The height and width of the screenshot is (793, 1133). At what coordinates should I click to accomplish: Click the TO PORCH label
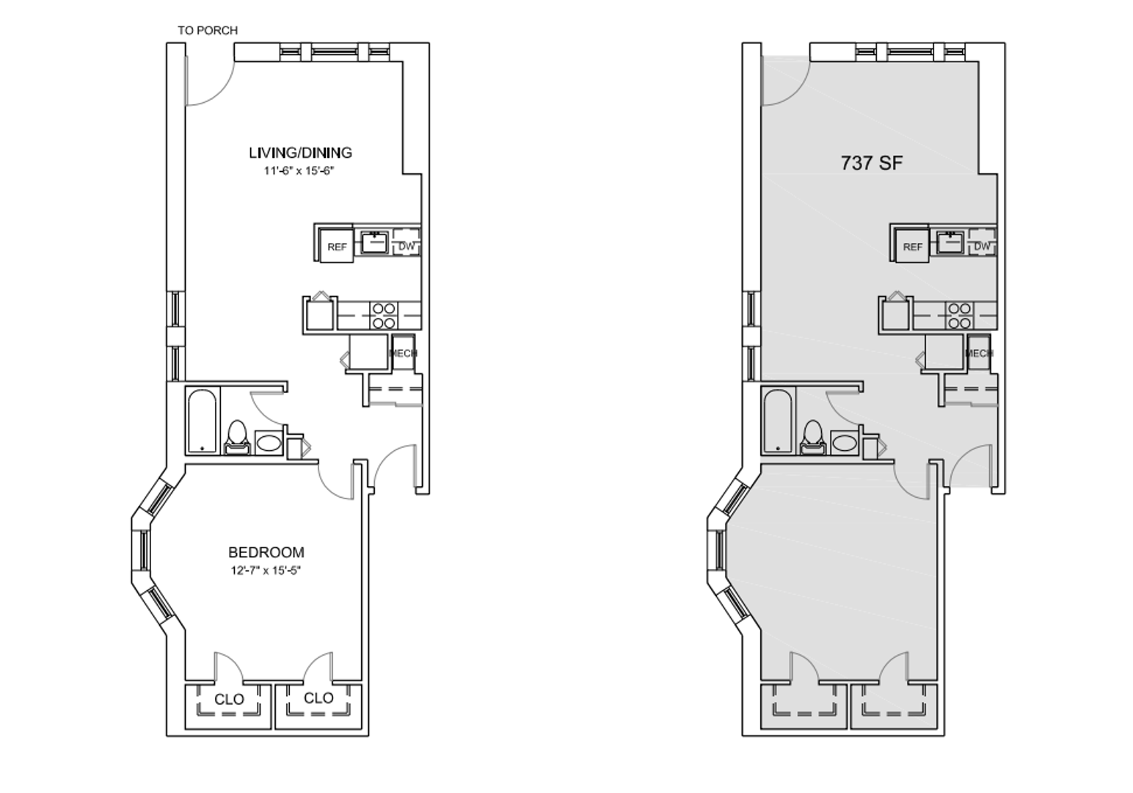pyautogui.click(x=208, y=30)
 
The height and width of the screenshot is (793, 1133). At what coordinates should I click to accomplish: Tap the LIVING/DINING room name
pyautogui.click(x=300, y=152)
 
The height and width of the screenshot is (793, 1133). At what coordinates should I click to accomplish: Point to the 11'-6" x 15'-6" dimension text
pyautogui.click(x=299, y=170)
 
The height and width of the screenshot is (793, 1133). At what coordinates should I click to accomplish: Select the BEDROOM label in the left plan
pyautogui.click(x=266, y=552)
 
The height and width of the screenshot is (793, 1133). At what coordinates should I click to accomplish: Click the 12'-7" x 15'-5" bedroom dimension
pyautogui.click(x=266, y=571)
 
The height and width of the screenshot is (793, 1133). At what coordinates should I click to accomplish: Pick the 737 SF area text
pyautogui.click(x=872, y=163)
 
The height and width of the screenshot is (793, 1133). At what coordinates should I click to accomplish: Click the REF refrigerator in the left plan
pyautogui.click(x=337, y=246)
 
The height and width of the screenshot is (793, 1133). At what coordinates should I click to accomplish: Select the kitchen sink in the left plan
pyautogui.click(x=374, y=242)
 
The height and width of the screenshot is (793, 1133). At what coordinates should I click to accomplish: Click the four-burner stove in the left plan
pyautogui.click(x=383, y=315)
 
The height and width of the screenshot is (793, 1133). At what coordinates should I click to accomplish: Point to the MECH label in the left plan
pyautogui.click(x=403, y=352)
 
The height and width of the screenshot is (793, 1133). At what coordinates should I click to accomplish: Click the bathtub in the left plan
pyautogui.click(x=203, y=421)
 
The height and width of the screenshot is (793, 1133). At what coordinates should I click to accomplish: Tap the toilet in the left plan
pyautogui.click(x=237, y=438)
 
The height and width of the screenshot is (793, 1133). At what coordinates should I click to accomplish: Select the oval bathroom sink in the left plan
pyautogui.click(x=269, y=443)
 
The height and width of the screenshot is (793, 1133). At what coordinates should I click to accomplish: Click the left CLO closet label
pyautogui.click(x=229, y=699)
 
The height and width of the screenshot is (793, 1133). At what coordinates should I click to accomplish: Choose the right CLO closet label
pyautogui.click(x=318, y=698)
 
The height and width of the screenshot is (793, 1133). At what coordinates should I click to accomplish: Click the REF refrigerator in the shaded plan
pyautogui.click(x=912, y=246)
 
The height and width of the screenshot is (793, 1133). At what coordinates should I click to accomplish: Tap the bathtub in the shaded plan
pyautogui.click(x=778, y=421)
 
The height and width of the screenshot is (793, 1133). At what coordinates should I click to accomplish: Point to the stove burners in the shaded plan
pyautogui.click(x=959, y=315)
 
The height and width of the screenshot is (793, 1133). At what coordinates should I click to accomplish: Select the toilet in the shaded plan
pyautogui.click(x=812, y=438)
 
